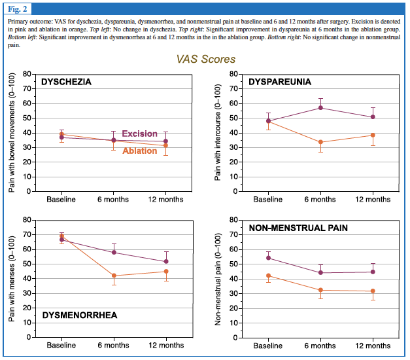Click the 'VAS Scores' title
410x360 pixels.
coord(206,59)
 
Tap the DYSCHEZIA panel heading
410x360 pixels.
coord(65,82)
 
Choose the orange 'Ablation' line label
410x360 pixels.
coord(139,151)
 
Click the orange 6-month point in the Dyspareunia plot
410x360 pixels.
coord(320,142)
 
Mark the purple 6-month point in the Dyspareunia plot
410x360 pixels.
coord(320,107)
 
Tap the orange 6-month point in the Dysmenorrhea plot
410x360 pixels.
coord(114,276)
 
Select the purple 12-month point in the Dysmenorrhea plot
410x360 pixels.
coord(166,261)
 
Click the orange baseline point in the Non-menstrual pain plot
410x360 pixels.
coord(269,276)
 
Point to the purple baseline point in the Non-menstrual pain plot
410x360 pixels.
coord(269,258)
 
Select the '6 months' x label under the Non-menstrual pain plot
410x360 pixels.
coord(320,345)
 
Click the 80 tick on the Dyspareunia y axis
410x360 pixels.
coord(231,74)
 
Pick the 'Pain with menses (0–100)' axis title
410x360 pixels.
coord(13,279)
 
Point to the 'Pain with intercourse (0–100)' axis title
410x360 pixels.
coord(218,133)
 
